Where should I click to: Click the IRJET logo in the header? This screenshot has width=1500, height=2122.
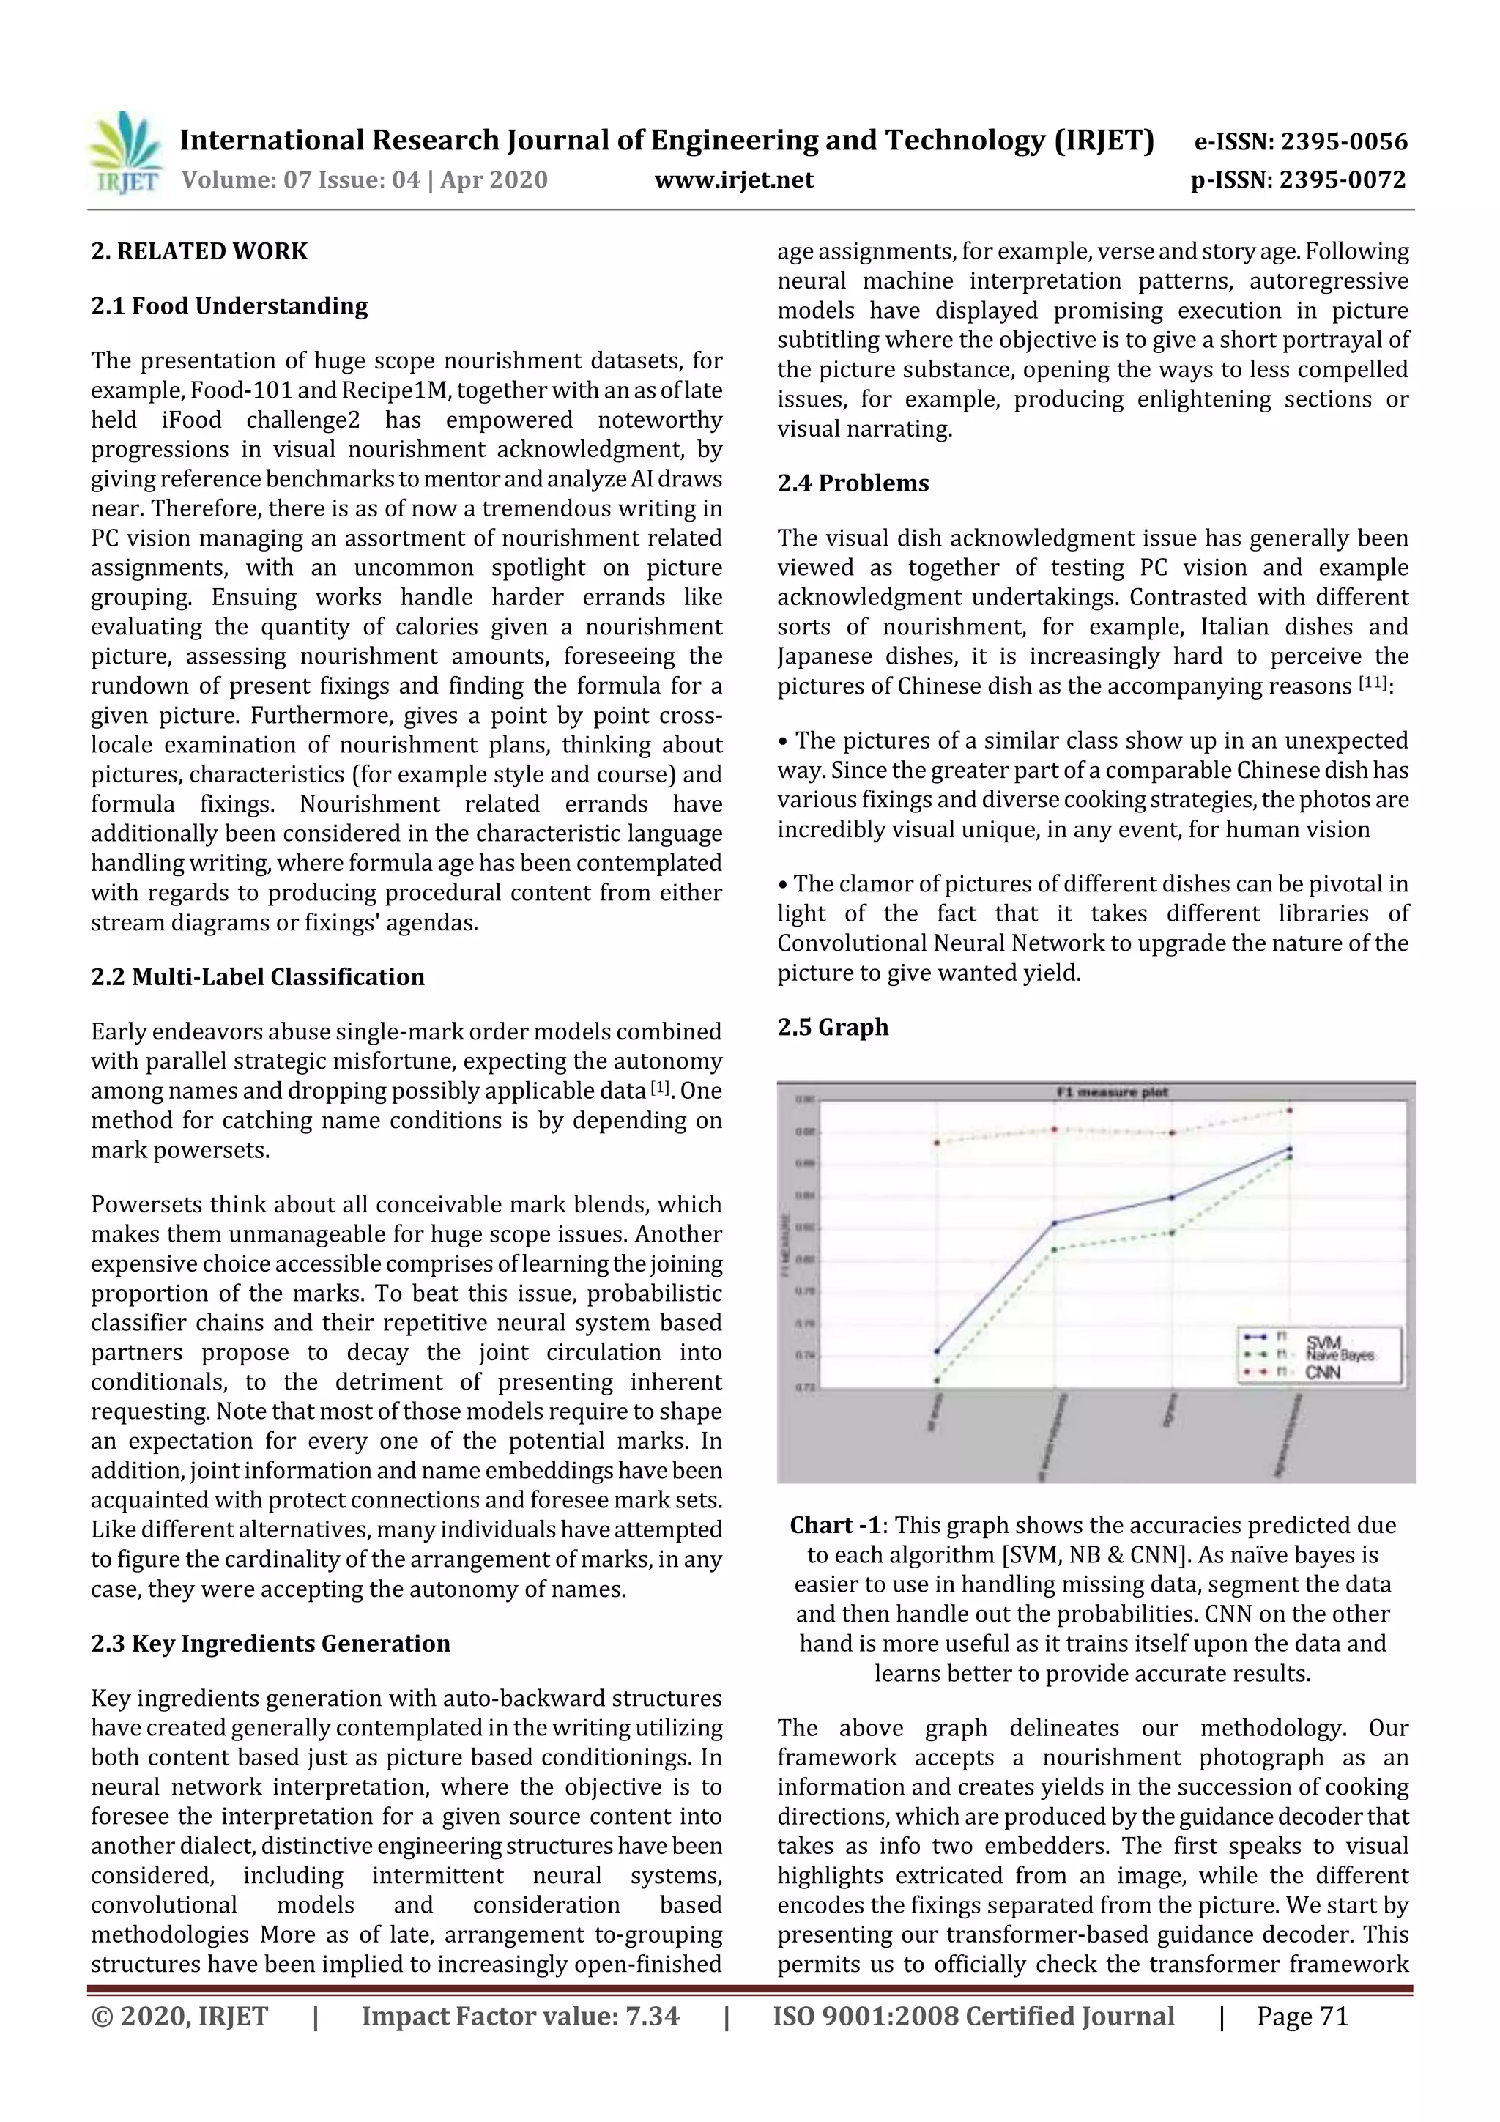[x=125, y=153]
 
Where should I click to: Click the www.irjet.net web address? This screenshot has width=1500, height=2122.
[x=734, y=180]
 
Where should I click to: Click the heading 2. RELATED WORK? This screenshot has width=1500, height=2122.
[x=198, y=251]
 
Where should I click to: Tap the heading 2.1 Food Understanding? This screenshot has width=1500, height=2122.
[x=229, y=306]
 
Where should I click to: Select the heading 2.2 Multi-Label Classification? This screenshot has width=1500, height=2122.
[x=258, y=977]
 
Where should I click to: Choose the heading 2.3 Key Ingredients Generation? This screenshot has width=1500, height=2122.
[x=271, y=1643]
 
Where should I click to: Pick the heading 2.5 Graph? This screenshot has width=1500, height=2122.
[x=833, y=1027]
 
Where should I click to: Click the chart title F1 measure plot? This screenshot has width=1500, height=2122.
[x=1112, y=1092]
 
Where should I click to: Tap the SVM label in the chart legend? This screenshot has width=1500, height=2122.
[x=1323, y=1341]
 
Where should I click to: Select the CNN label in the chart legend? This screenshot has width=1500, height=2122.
[x=1323, y=1373]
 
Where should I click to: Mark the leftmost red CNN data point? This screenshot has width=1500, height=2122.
[x=936, y=1143]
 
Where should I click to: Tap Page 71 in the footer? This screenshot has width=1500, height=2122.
[x=1302, y=2017]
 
